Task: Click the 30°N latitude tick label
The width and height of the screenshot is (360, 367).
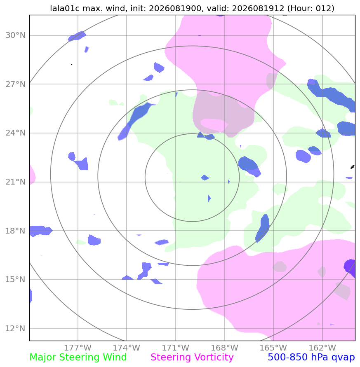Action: (16, 35)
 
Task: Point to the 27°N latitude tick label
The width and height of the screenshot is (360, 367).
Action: (16, 84)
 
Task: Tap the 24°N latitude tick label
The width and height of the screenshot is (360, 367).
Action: (16, 133)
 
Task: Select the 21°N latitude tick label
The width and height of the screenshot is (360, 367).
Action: (16, 182)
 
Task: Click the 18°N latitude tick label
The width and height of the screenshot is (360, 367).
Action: (16, 231)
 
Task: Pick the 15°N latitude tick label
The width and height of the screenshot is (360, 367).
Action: (16, 279)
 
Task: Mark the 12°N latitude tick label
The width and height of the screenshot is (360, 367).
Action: (16, 328)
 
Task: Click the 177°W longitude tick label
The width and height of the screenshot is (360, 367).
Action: (78, 348)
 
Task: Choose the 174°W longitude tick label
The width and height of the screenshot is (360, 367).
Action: (127, 348)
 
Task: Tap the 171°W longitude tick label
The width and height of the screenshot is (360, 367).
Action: (176, 348)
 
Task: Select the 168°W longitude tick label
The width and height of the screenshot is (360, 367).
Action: (224, 348)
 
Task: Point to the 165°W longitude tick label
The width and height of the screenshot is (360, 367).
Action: (273, 348)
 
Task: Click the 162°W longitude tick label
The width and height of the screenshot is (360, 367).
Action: (322, 348)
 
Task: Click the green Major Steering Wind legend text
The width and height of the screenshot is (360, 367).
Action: (78, 358)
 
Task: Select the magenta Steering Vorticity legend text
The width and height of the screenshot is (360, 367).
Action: (192, 358)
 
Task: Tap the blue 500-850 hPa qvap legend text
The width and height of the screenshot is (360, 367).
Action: (311, 358)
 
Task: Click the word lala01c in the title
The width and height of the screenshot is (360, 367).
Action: (65, 8)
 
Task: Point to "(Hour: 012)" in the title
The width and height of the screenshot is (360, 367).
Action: (311, 9)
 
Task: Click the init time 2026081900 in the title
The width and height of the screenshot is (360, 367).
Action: (175, 8)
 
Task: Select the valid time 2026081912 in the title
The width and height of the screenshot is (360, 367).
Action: (258, 8)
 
